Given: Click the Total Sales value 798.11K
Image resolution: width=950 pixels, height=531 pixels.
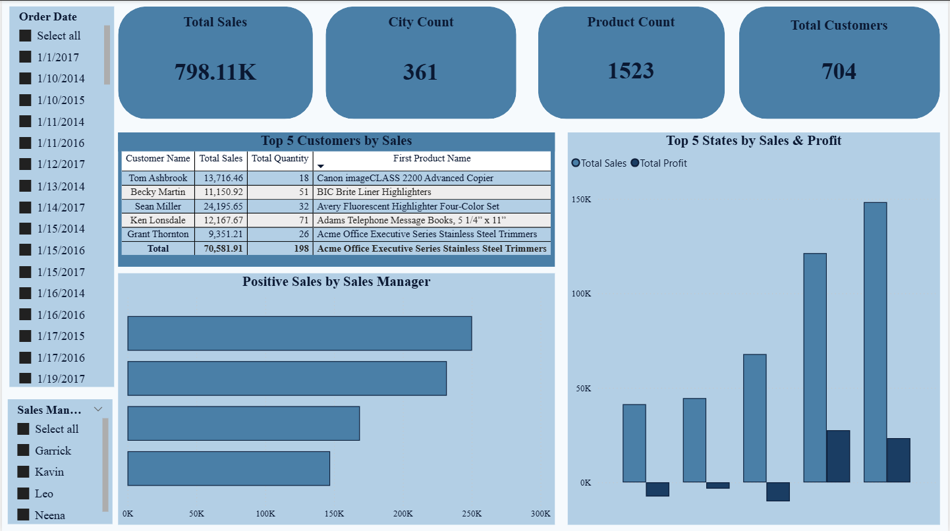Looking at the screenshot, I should (215, 72).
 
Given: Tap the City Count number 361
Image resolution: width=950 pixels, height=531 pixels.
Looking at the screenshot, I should (420, 72).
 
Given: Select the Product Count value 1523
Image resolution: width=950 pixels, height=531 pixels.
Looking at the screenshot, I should (631, 70).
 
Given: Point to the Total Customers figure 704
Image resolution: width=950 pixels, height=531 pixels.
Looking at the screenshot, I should (839, 71).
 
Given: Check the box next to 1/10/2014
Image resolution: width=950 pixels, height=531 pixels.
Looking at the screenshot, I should (26, 78).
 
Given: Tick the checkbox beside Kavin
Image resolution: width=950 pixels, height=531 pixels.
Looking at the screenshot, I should (24, 472).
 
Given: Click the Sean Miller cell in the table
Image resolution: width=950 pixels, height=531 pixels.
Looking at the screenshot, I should (157, 206).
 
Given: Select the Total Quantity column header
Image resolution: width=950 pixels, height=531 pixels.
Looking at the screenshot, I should (280, 159).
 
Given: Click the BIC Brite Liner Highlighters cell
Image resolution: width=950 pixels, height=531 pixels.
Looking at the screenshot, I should (374, 192).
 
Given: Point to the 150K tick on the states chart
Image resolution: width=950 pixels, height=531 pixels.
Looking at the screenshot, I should (581, 200).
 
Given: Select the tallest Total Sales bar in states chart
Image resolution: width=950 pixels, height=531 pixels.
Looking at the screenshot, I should (875, 342).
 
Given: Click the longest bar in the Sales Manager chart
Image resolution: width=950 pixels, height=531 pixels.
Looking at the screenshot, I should (299, 333).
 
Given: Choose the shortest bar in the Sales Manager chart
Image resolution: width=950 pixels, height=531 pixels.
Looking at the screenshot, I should (229, 468).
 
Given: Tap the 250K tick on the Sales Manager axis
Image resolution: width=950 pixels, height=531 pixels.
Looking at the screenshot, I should (472, 514).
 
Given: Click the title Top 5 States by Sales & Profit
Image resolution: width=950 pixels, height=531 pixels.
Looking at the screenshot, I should (754, 140).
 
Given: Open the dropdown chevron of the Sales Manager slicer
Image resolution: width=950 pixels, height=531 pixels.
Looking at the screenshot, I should (98, 409).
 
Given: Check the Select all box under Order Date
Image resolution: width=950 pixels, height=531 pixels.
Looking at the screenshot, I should (26, 36).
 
